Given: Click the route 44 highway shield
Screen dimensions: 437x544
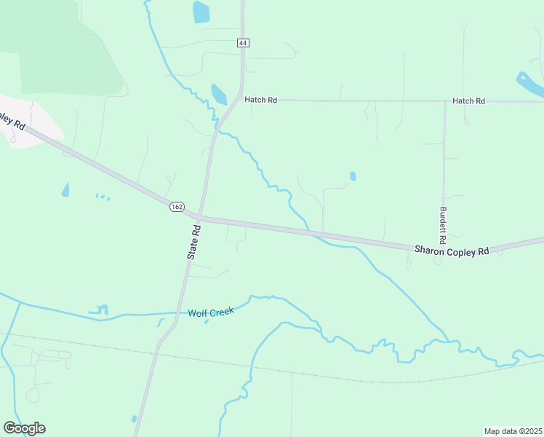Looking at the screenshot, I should (243, 44).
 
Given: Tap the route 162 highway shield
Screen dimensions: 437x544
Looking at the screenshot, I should (177, 207).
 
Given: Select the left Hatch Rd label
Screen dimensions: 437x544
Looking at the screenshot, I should (260, 100).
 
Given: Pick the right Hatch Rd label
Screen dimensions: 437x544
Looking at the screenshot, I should (468, 101).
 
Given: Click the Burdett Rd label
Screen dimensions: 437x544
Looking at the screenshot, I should (442, 225).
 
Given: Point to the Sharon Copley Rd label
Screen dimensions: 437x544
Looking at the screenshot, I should (452, 251).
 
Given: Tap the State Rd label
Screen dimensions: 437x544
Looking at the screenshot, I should (193, 242).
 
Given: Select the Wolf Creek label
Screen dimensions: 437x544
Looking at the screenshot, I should (211, 312).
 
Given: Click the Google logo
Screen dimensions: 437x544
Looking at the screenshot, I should (24, 428).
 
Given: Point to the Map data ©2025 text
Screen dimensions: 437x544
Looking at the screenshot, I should (513, 431).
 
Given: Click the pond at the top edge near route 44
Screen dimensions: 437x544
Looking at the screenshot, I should (201, 12).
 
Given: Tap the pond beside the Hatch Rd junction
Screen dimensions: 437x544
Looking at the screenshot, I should (218, 94).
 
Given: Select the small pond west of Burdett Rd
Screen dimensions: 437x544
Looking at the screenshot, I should (353, 176).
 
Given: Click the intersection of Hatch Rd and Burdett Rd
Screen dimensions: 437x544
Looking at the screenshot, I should (444, 101).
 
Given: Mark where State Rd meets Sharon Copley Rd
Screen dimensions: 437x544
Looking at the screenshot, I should (200, 217).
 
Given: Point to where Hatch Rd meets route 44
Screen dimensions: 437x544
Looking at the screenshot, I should (241, 100).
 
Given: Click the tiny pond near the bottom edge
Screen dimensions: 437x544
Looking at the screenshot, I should (135, 419).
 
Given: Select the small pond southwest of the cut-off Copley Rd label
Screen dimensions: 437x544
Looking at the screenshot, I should (65, 190).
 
